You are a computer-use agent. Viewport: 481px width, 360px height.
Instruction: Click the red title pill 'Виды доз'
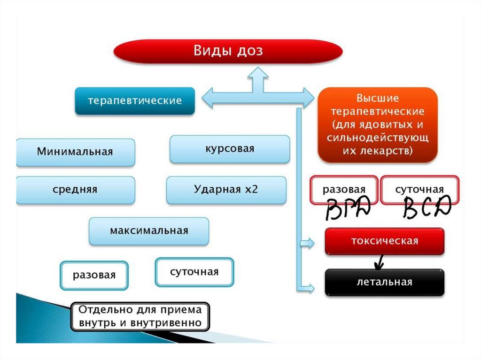coord(228,51)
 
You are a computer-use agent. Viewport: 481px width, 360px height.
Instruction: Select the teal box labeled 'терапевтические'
coord(135,101)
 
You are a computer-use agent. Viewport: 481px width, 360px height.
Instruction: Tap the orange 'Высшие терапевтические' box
coord(378,125)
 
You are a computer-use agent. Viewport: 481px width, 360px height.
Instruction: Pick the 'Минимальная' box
coord(75,152)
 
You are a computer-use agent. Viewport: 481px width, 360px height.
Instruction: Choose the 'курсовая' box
coord(229,149)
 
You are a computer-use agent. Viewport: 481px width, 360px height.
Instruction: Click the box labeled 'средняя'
coord(75,190)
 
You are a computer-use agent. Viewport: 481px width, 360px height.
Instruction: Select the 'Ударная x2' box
coord(226,190)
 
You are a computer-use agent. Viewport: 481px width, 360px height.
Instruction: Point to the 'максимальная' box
coord(149,231)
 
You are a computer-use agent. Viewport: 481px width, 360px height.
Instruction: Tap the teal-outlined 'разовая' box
coord(94,275)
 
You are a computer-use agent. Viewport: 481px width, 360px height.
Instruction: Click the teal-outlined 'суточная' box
coord(194,272)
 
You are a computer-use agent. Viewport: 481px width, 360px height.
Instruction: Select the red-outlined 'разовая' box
coord(344,190)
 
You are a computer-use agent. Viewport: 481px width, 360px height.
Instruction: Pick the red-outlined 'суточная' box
coord(419,190)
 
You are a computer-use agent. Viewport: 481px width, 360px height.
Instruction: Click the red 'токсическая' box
coord(384,241)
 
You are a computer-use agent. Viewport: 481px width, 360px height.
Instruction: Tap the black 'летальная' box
coord(384,282)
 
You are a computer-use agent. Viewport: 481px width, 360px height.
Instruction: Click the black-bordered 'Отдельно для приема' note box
coord(140,316)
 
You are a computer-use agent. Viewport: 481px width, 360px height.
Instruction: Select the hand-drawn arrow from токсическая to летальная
coord(378,262)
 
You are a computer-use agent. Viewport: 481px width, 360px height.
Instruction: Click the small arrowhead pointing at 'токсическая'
coord(308,243)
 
